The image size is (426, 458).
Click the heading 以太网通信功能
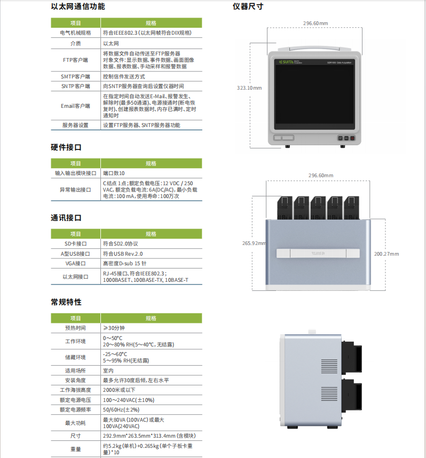(78, 7)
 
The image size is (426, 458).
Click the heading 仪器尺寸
(248, 7)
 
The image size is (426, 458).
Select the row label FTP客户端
(75, 60)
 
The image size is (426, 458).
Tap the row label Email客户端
(75, 106)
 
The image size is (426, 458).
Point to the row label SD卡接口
(75, 243)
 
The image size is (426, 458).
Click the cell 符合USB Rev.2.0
(123, 254)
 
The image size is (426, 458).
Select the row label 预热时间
(75, 328)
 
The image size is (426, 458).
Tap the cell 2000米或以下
(121, 390)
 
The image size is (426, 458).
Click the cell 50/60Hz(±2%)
(121, 409)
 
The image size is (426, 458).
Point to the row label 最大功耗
(75, 423)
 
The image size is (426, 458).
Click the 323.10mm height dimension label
(249, 88)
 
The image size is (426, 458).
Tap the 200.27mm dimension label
(386, 254)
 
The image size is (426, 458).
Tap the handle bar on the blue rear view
(318, 254)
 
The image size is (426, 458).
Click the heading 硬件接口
(66, 147)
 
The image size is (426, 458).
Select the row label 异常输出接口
(75, 189)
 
